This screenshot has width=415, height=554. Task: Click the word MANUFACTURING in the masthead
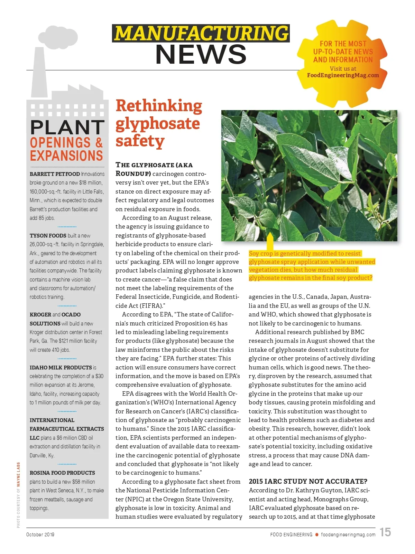pyautogui.click(x=201, y=33)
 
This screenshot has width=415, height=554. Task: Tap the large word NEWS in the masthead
pyautogui.click(x=201, y=54)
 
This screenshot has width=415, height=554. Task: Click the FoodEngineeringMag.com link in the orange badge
pyautogui.click(x=343, y=75)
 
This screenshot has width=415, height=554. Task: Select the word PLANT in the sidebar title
pyautogui.click(x=67, y=127)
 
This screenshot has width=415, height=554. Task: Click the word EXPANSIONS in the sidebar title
pyautogui.click(x=66, y=156)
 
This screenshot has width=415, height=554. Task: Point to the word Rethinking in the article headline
pyautogui.click(x=159, y=106)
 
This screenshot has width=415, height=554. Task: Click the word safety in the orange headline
pyautogui.click(x=140, y=141)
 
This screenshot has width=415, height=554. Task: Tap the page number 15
pyautogui.click(x=385, y=532)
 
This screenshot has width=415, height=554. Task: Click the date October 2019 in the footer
pyautogui.click(x=40, y=535)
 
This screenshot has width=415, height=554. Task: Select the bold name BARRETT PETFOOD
pyautogui.click(x=55, y=174)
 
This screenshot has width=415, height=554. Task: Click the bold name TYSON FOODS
pyautogui.click(x=48, y=235)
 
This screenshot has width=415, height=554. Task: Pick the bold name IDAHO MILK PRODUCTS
pyautogui.click(x=61, y=367)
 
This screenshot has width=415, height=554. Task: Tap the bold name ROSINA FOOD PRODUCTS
pyautogui.click(x=62, y=473)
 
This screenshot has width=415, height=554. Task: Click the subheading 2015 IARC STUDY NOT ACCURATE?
pyautogui.click(x=308, y=481)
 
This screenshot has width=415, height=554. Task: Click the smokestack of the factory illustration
pyautogui.click(x=40, y=73)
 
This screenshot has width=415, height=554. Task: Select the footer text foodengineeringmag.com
pyautogui.click(x=348, y=535)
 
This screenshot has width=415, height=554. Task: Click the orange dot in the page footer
pyautogui.click(x=316, y=535)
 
